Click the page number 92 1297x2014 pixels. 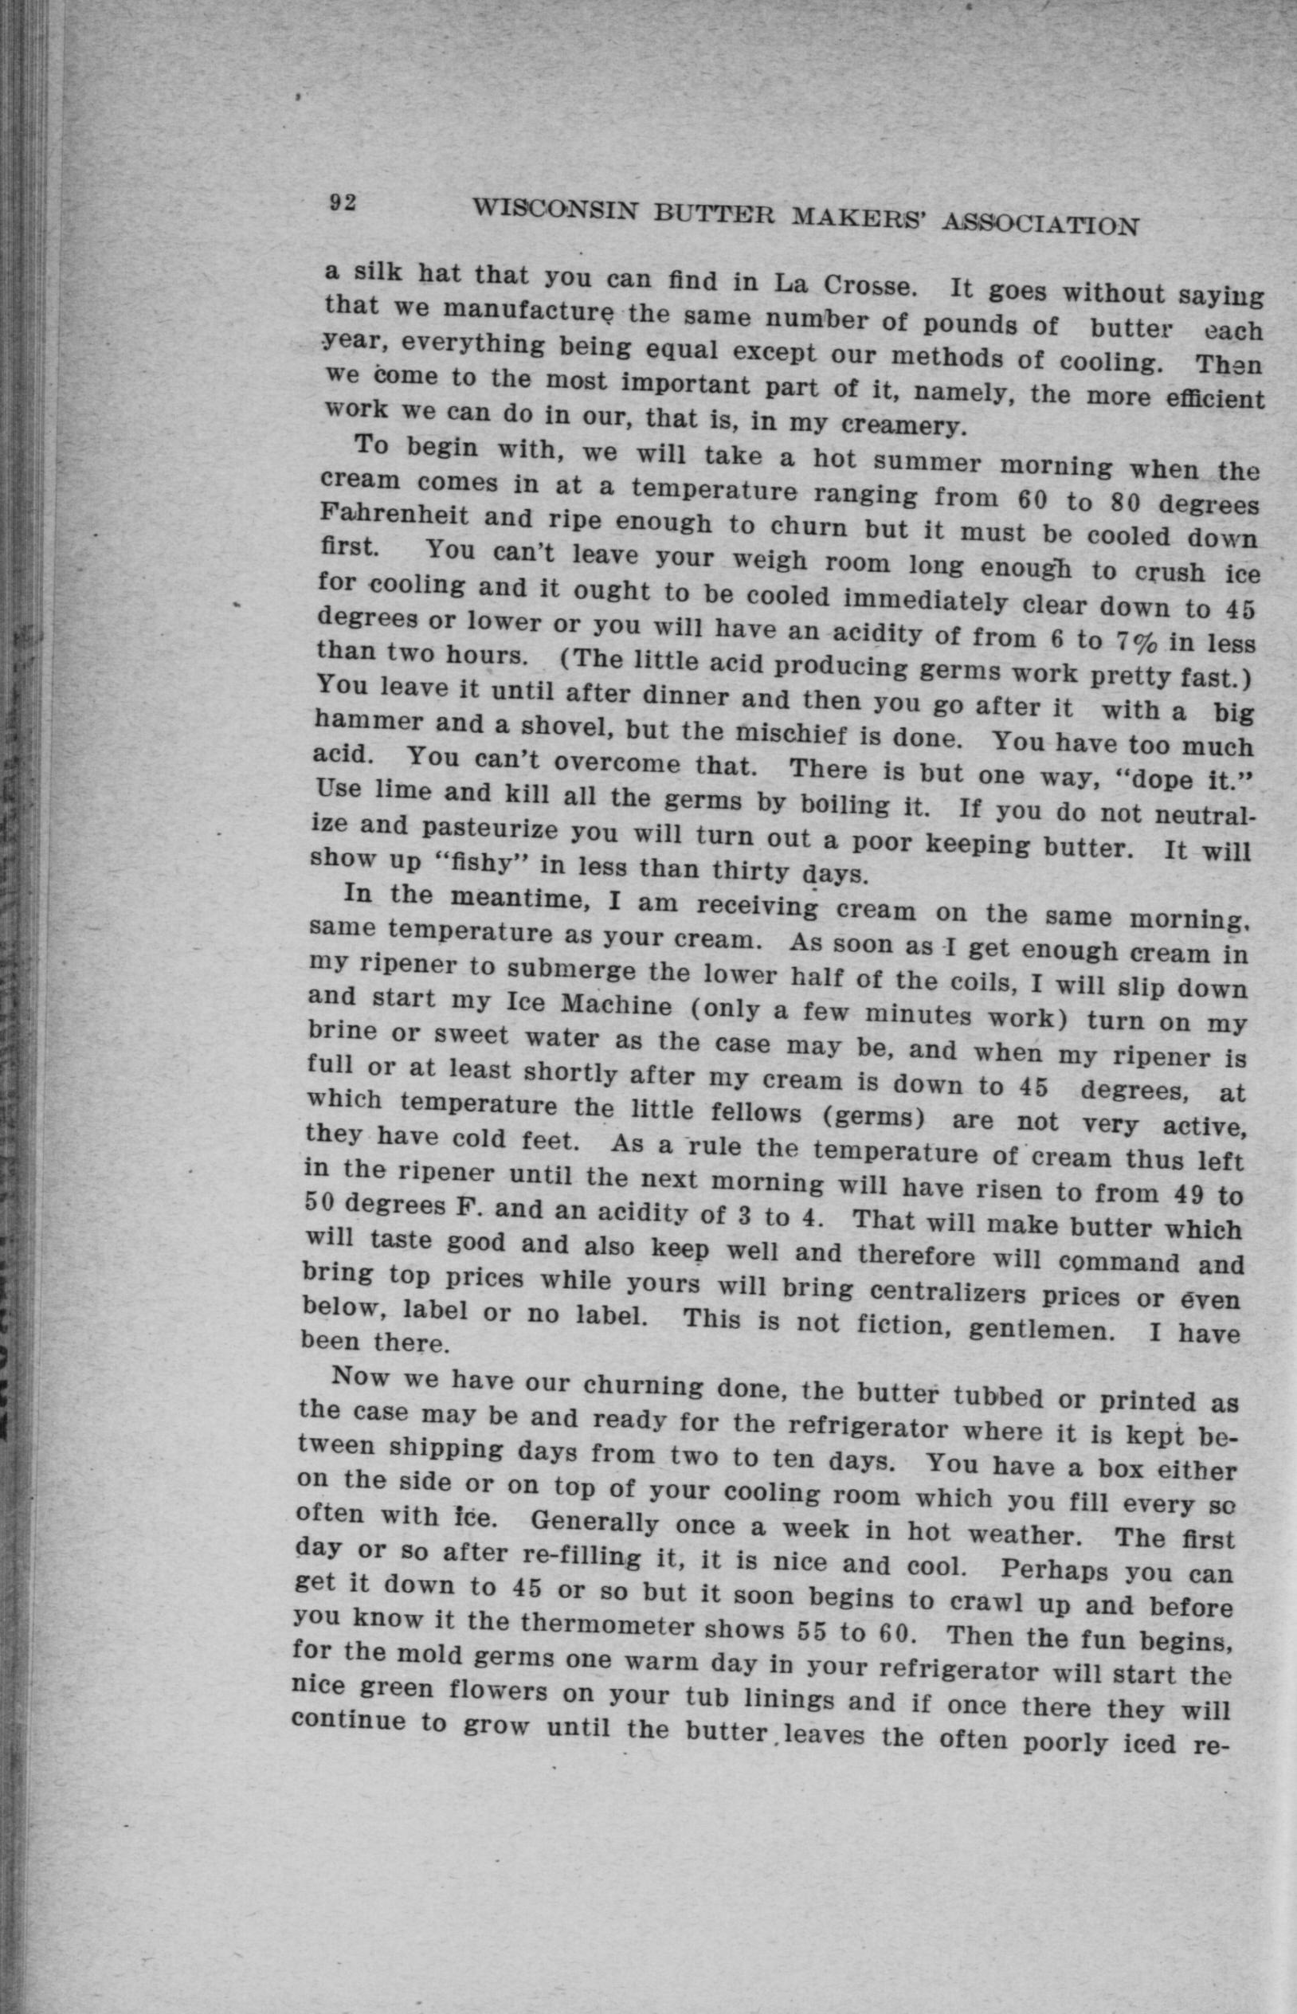coord(343,203)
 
